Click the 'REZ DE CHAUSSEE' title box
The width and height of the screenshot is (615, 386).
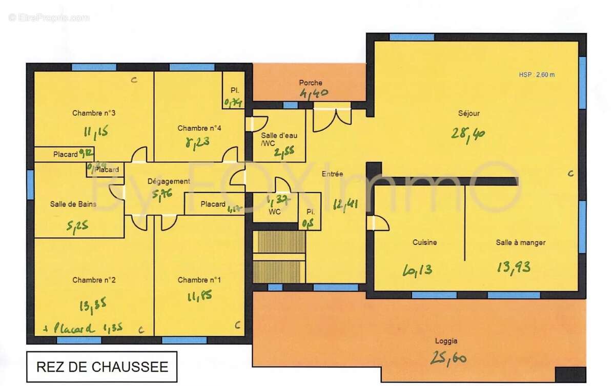point(102,367)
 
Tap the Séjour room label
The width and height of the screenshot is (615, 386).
point(468,113)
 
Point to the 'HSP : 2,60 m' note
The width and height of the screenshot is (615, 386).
point(537,74)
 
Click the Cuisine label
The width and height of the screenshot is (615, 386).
point(424,242)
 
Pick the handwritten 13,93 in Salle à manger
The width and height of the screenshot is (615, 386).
point(513,267)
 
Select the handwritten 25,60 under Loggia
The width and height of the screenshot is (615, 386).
point(447,358)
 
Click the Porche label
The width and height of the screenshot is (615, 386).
point(311,83)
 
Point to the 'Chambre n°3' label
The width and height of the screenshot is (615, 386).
point(94,113)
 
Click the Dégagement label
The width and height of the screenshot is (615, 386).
point(169,181)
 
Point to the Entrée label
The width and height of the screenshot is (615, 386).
point(332,174)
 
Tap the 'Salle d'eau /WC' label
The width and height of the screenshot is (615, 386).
point(279,139)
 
